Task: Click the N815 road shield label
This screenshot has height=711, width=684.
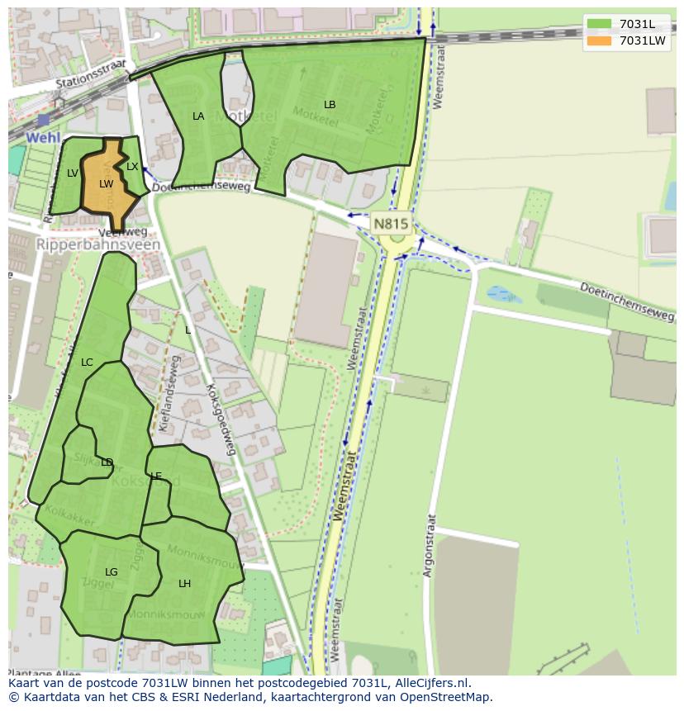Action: point(391,224)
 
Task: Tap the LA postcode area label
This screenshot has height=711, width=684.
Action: point(198,116)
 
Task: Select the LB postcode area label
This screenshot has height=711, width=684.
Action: point(330,105)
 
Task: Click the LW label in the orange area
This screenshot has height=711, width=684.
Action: point(106,184)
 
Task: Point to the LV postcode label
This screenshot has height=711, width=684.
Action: point(73,173)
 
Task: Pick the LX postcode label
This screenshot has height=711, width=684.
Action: point(132,167)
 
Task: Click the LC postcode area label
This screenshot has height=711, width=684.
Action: point(87,363)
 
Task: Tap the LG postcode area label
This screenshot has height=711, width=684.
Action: point(112,572)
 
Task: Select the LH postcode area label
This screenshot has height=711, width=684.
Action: point(184,584)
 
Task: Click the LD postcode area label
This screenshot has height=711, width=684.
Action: point(107,462)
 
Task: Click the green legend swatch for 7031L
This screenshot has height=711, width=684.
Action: point(599,24)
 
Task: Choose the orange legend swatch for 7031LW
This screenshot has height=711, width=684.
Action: point(599,40)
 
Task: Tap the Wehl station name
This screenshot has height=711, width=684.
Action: point(43,137)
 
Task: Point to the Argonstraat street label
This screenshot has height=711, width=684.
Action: point(430,546)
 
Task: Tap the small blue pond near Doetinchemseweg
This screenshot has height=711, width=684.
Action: point(504,294)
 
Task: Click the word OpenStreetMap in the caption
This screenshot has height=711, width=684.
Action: point(446,697)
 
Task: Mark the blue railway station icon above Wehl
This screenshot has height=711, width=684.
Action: point(43,121)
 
